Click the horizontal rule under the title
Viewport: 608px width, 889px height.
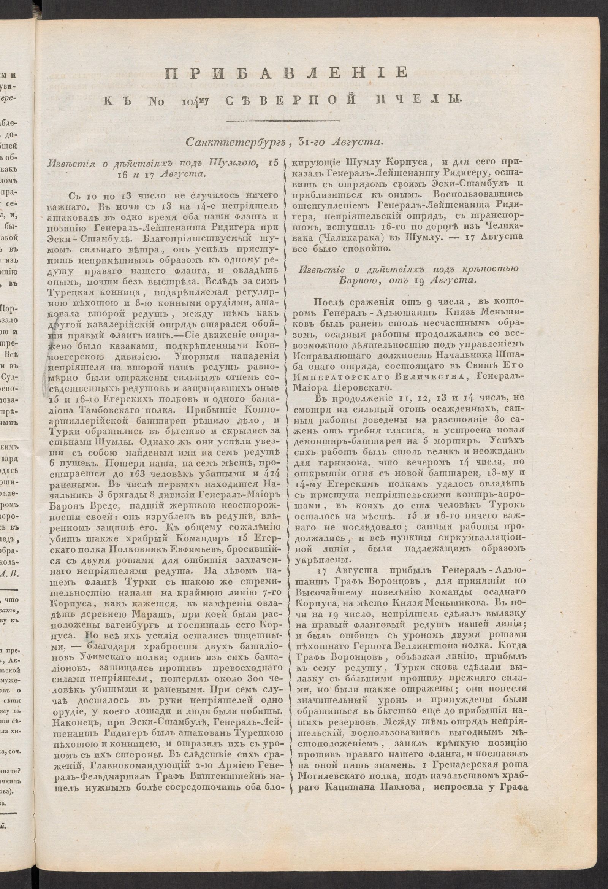283,121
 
